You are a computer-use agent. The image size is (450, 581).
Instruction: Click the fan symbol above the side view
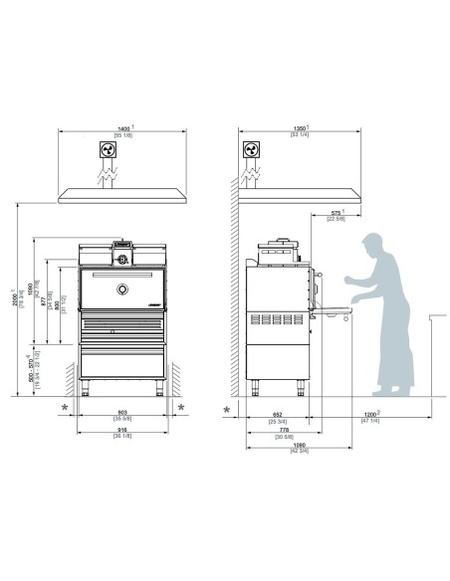pyautogui.click(x=251, y=150)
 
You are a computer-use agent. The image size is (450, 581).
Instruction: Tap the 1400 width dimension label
pyautogui.click(x=123, y=128)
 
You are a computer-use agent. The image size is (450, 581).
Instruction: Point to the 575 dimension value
pyautogui.click(x=336, y=212)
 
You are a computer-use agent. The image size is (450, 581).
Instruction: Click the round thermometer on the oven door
pyautogui.click(x=121, y=289)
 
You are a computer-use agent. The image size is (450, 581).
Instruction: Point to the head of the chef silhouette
pyautogui.click(x=371, y=246)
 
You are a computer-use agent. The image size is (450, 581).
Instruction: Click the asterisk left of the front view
pyautogui.click(x=66, y=408)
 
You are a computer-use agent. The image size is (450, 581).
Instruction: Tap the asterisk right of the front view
pyautogui.click(x=180, y=408)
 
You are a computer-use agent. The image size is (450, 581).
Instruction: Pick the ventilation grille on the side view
pyautogui.click(x=277, y=320)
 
